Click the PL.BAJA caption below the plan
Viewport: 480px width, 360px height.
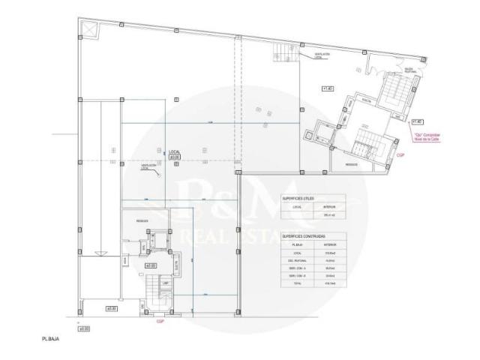pos(50,340)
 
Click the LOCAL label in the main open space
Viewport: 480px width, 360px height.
pos(174,151)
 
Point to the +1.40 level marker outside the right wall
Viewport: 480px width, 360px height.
pos(418,121)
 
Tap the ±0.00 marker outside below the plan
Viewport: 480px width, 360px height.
pos(85,328)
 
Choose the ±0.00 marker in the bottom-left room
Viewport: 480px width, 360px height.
pos(112,307)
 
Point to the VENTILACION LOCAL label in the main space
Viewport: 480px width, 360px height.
pos(148,166)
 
